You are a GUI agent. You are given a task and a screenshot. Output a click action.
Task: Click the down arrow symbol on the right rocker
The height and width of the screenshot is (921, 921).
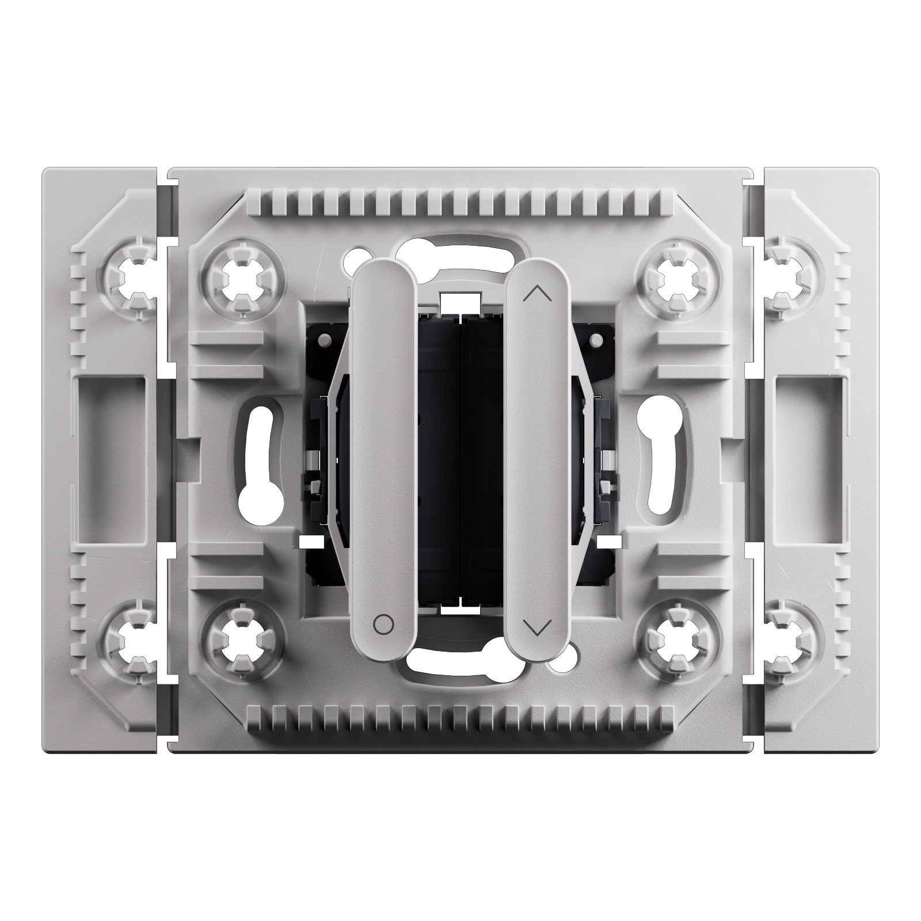coord(538,626)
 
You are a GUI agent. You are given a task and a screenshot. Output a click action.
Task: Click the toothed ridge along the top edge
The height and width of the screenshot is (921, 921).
coord(461,201)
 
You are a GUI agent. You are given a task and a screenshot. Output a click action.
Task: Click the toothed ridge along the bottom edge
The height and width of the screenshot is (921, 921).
coord(461,717)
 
